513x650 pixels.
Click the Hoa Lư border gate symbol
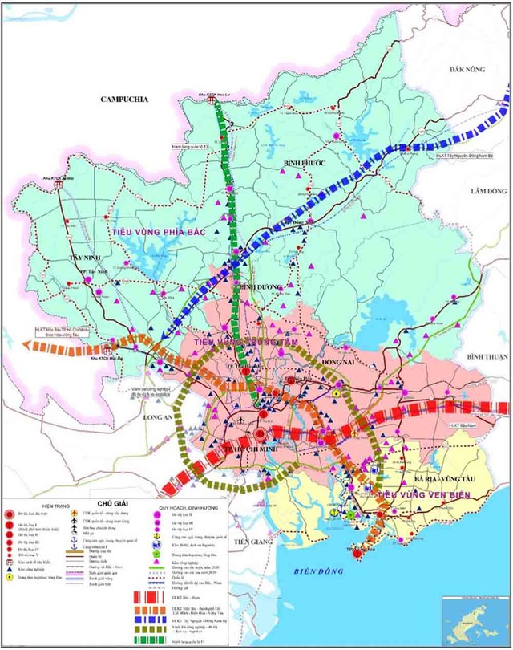[x=217, y=102]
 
